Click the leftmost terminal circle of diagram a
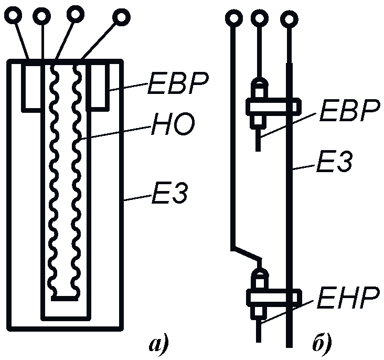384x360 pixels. (x=13, y=17)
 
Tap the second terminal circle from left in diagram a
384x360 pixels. (x=41, y=16)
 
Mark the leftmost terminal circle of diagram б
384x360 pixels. (x=233, y=19)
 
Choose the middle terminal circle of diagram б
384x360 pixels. (x=259, y=19)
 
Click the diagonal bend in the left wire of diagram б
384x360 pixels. (x=247, y=252)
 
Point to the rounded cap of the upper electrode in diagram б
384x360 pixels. (x=259, y=84)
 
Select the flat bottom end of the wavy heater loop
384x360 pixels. (x=65, y=298)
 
